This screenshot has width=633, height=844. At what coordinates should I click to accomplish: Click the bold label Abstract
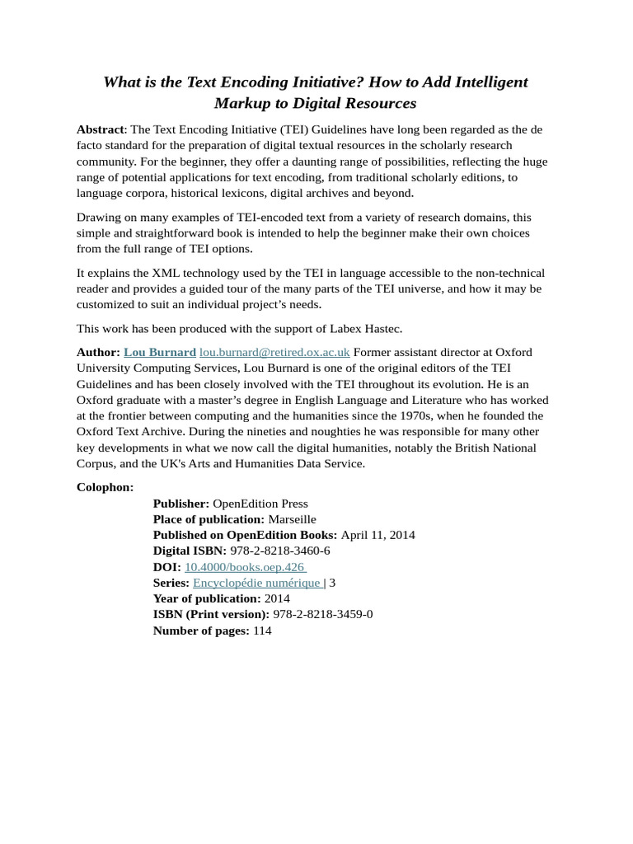tap(100, 129)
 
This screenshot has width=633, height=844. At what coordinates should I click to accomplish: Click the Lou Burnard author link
tap(160, 352)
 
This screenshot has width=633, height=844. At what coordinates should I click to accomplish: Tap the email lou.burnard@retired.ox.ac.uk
tap(274, 352)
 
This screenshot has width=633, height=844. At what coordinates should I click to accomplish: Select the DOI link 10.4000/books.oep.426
tap(244, 567)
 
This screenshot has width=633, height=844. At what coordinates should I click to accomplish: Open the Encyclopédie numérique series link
tap(256, 583)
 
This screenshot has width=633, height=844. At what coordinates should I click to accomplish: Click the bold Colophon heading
tap(105, 487)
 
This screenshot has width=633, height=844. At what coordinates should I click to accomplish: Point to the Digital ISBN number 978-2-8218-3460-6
tap(280, 551)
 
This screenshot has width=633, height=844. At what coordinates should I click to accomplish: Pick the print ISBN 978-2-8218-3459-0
tap(322, 614)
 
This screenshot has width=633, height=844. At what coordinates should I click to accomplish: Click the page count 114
tap(262, 631)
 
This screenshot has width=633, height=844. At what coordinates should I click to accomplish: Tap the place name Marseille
tap(292, 519)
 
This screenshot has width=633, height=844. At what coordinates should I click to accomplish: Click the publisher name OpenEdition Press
tap(260, 504)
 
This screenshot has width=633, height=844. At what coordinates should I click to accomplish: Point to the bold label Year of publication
tap(207, 598)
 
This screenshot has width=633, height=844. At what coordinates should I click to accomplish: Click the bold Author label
tap(98, 352)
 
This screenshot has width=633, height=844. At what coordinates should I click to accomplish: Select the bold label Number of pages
tap(201, 631)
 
